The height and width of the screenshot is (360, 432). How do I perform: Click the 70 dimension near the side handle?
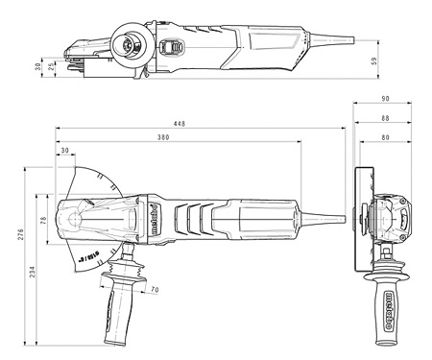154,288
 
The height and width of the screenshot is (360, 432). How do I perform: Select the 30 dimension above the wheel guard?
64,152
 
